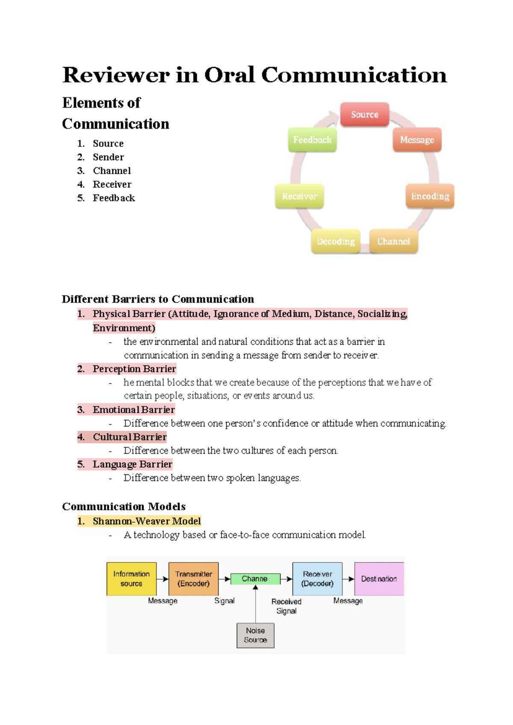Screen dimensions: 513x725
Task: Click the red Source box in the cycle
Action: (x=364, y=114)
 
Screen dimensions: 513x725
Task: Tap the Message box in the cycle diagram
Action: (x=417, y=140)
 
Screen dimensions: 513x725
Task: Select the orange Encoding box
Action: (x=430, y=196)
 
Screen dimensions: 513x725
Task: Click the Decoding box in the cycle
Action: (x=336, y=241)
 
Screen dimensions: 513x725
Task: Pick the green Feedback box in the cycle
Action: (x=312, y=140)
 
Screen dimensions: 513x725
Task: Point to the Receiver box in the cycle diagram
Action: (x=299, y=196)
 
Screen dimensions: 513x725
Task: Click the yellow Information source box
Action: (x=131, y=579)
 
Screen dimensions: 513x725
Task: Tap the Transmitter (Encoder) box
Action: (x=194, y=579)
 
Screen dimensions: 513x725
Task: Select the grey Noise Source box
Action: (x=255, y=635)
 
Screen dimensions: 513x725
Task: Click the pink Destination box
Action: (x=379, y=579)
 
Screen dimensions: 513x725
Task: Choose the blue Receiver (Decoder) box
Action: (x=317, y=579)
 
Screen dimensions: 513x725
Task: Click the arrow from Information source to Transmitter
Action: (x=162, y=579)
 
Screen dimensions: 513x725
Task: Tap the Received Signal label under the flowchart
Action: (x=286, y=606)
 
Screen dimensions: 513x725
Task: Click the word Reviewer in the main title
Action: (x=115, y=75)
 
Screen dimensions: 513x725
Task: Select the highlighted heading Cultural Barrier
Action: (x=130, y=437)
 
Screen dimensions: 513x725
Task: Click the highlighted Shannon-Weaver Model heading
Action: (x=147, y=521)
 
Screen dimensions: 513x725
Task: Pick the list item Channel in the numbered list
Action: (x=112, y=171)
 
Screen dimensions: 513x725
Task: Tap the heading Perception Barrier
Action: (x=134, y=369)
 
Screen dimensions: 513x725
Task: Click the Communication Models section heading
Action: (x=124, y=507)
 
